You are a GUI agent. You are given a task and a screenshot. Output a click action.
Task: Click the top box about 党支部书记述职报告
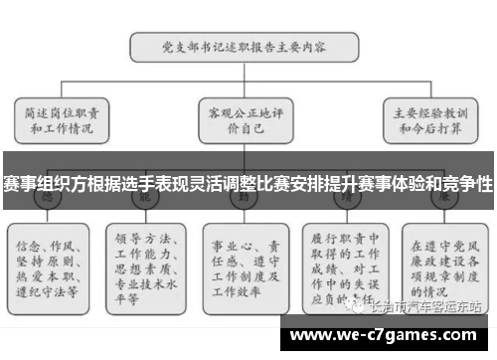(x=245, y=46)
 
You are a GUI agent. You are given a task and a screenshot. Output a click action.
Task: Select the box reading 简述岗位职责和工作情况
(x=62, y=119)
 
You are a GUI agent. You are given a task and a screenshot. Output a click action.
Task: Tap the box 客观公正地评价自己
(x=243, y=119)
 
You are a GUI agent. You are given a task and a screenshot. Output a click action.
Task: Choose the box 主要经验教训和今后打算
(x=429, y=119)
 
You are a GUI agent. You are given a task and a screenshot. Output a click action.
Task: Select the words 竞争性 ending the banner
(x=467, y=186)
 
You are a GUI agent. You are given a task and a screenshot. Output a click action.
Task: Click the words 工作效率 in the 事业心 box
(x=240, y=294)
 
